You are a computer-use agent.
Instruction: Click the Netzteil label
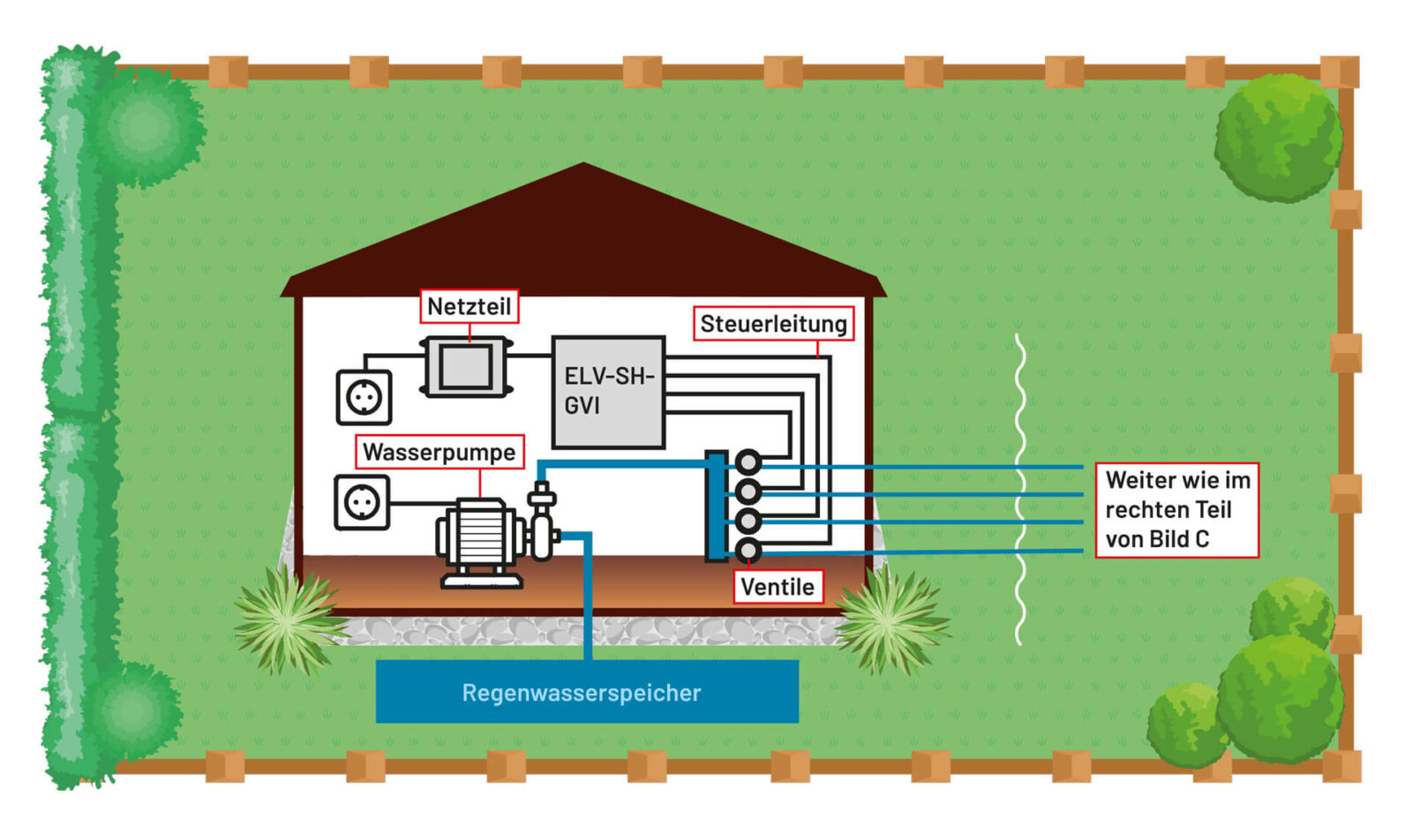469,306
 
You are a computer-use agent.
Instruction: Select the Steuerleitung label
773,324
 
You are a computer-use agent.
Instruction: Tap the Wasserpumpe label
439,452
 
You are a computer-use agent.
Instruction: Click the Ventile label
777,587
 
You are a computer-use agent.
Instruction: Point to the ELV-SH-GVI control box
608,392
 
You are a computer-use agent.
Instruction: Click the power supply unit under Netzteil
466,366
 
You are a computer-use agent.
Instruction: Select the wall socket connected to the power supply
364,398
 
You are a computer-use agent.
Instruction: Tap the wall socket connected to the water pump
362,503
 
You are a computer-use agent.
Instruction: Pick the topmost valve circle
747,462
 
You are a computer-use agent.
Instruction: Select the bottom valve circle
747,551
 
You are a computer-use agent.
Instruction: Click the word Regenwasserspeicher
582,693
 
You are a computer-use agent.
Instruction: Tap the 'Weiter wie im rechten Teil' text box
1176,509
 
